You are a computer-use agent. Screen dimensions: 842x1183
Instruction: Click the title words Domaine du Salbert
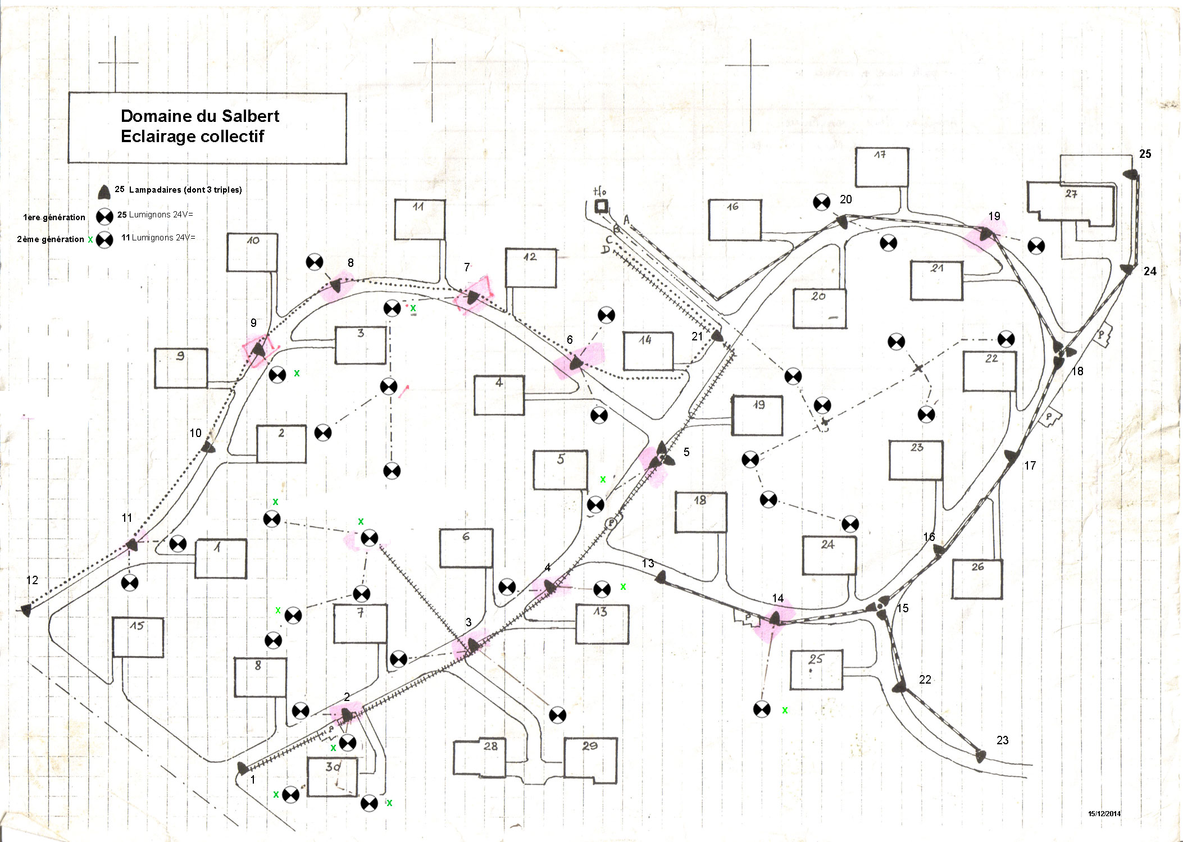199,116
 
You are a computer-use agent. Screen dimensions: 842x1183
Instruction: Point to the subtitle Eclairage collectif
192,136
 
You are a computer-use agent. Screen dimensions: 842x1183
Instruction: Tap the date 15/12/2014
1104,813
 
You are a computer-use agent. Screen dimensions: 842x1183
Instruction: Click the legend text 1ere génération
54,217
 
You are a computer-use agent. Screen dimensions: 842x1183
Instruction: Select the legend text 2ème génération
51,239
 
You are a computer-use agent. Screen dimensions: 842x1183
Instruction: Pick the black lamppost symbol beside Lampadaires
104,192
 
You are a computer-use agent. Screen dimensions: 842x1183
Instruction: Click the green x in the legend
90,240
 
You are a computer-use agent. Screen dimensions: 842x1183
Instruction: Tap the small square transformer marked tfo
601,206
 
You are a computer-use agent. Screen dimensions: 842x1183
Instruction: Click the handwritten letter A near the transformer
627,220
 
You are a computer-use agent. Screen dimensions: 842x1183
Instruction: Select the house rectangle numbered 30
333,776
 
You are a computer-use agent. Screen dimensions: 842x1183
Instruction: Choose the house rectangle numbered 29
590,759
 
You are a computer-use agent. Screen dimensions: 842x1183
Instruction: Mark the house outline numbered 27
1070,203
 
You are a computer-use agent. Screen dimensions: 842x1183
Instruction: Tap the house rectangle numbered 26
977,579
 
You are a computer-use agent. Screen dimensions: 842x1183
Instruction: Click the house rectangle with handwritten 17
881,167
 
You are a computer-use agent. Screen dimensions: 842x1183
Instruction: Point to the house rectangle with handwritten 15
138,637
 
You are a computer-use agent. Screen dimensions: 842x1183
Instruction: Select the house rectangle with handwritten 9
181,368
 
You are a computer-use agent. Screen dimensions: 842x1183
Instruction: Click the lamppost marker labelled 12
26,610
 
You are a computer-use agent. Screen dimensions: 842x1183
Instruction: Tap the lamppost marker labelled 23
980,755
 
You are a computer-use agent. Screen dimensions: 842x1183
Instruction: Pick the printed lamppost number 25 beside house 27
1145,154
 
